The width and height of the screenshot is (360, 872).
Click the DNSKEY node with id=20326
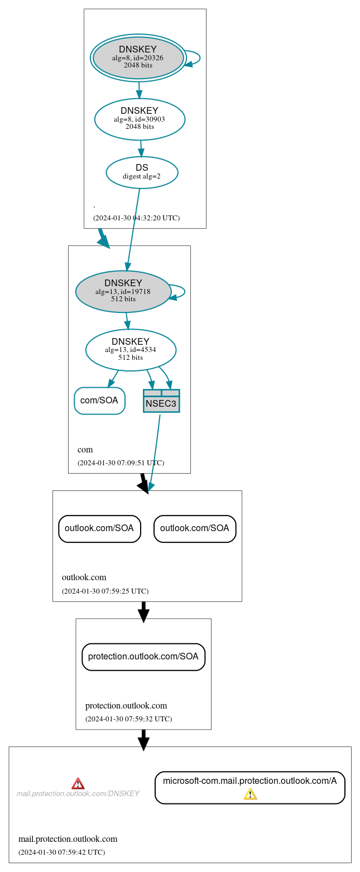point(138,57)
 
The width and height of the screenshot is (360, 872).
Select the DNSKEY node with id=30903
point(140,119)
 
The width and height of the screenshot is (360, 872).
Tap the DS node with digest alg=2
point(142,172)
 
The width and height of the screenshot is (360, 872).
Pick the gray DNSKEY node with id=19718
point(123,291)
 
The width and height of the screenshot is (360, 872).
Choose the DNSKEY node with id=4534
point(131,350)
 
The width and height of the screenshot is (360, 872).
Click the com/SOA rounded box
point(99,401)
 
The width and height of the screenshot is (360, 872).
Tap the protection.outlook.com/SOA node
point(143,657)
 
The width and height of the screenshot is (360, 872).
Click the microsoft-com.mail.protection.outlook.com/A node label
point(249,781)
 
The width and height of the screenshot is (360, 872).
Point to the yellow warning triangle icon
point(250,794)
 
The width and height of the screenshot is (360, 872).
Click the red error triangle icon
point(78,783)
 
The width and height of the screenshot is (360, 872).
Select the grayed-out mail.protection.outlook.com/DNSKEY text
point(78,793)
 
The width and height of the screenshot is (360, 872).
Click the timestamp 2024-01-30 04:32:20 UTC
point(136,218)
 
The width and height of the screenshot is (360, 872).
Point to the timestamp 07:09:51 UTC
point(121,463)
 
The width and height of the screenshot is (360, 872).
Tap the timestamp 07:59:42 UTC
point(61,852)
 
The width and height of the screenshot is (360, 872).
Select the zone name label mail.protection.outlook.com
point(68,839)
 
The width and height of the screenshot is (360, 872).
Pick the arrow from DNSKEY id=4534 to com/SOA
point(113,379)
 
